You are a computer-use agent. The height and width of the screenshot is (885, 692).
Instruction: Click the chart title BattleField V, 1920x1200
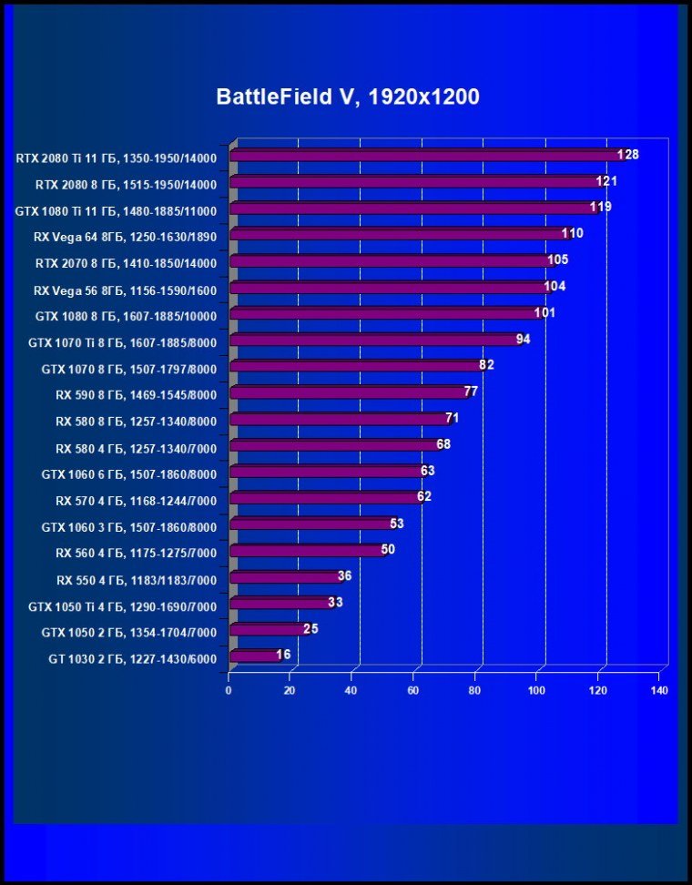(x=347, y=97)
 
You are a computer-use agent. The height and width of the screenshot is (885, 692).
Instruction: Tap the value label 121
(x=607, y=181)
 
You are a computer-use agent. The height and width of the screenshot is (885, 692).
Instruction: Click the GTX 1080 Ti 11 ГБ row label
(x=117, y=210)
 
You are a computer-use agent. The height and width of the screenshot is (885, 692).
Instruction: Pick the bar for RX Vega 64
(x=396, y=234)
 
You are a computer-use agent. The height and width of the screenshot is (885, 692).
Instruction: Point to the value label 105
(x=558, y=259)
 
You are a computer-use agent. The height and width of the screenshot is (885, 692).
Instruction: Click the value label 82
(x=486, y=365)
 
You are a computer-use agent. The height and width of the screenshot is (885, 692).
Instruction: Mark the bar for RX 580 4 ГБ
(x=332, y=445)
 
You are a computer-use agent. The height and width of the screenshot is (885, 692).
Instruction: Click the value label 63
(x=428, y=471)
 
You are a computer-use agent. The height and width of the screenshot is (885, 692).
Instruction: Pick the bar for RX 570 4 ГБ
(x=323, y=497)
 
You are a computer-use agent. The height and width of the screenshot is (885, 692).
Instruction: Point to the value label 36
(x=344, y=575)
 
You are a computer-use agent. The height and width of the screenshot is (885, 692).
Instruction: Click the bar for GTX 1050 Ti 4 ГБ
(x=279, y=603)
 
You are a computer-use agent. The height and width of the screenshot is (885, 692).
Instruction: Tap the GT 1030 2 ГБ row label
(x=133, y=658)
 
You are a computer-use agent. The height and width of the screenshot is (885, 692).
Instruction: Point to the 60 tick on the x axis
(x=414, y=691)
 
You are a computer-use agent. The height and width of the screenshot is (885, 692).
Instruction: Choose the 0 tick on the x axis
(x=229, y=691)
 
